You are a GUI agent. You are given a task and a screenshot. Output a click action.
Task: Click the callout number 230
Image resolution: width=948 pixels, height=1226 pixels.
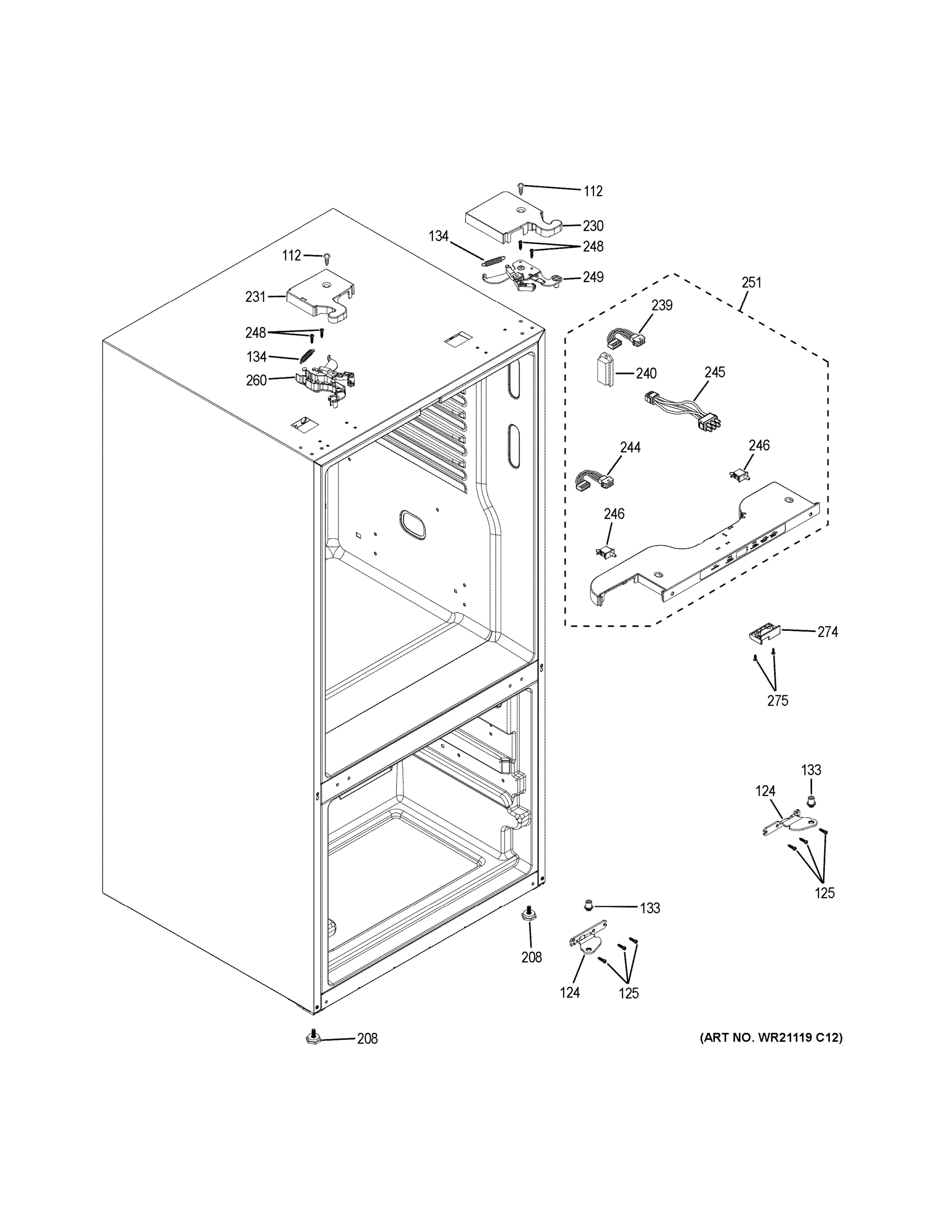[x=592, y=226]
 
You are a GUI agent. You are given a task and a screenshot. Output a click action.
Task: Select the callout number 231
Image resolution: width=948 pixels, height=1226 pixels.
[x=255, y=296]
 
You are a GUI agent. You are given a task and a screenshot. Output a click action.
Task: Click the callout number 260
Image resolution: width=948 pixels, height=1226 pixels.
[x=256, y=380]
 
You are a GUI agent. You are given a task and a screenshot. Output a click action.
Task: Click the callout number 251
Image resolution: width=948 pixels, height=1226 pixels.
[x=751, y=282]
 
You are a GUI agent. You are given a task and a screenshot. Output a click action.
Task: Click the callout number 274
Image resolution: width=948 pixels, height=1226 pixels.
[x=827, y=631]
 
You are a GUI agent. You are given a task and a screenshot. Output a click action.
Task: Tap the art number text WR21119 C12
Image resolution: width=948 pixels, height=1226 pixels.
[x=771, y=1038]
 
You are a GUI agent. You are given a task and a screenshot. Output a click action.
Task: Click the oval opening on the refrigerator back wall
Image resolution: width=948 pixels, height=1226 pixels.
[x=412, y=524]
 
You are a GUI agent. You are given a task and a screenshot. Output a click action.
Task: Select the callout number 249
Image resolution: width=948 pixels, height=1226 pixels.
[x=592, y=277]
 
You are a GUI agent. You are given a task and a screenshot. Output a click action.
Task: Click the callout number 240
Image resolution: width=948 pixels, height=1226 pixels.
[x=646, y=373]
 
